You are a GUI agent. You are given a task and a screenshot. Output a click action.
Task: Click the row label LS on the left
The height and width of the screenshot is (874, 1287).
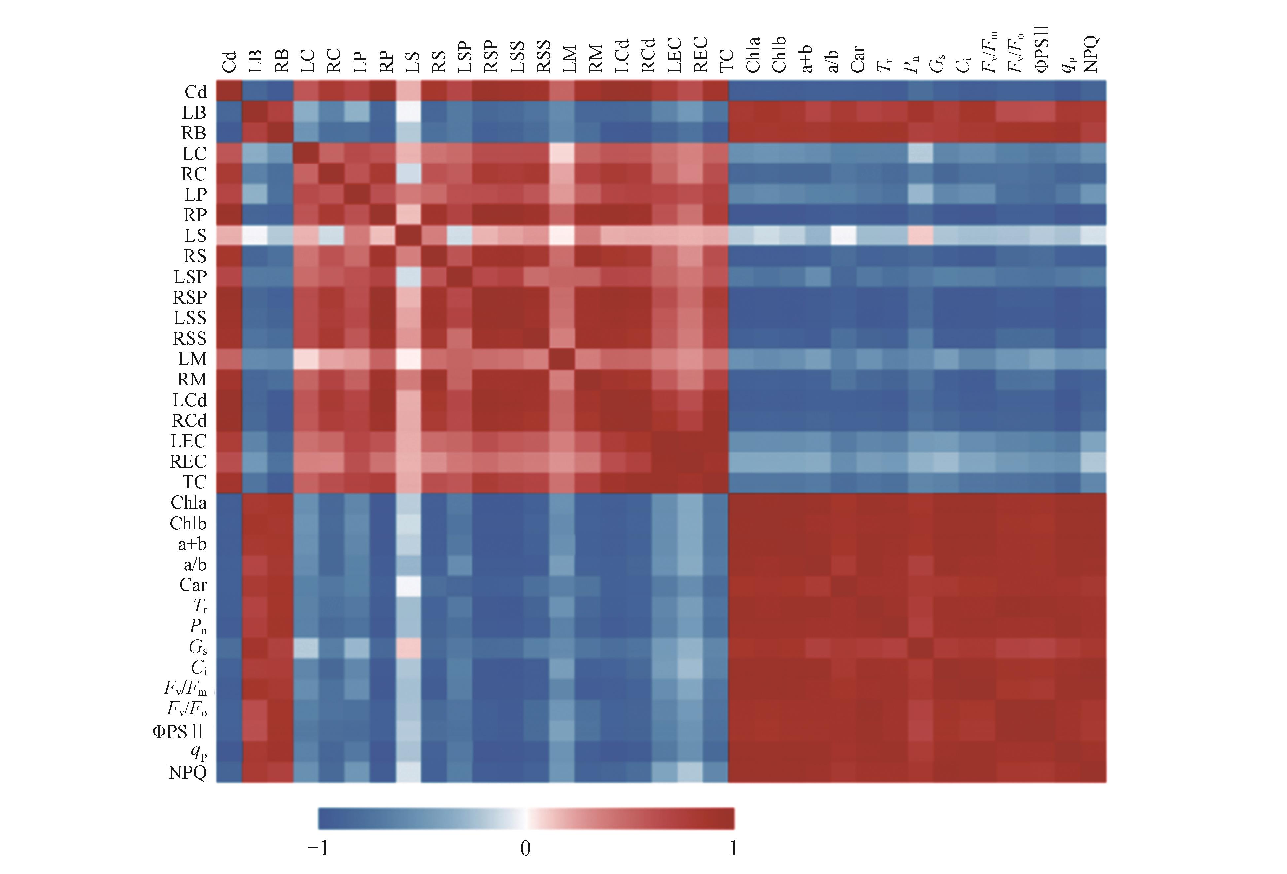(x=195, y=236)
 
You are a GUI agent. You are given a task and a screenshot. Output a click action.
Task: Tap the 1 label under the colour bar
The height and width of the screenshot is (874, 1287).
(x=733, y=848)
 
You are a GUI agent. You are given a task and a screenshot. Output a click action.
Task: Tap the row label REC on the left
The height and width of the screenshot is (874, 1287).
(x=188, y=461)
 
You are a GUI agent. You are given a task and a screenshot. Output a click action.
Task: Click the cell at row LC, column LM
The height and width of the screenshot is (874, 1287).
(x=562, y=153)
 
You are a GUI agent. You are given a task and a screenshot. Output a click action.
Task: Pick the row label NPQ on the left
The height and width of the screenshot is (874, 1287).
(x=188, y=772)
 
